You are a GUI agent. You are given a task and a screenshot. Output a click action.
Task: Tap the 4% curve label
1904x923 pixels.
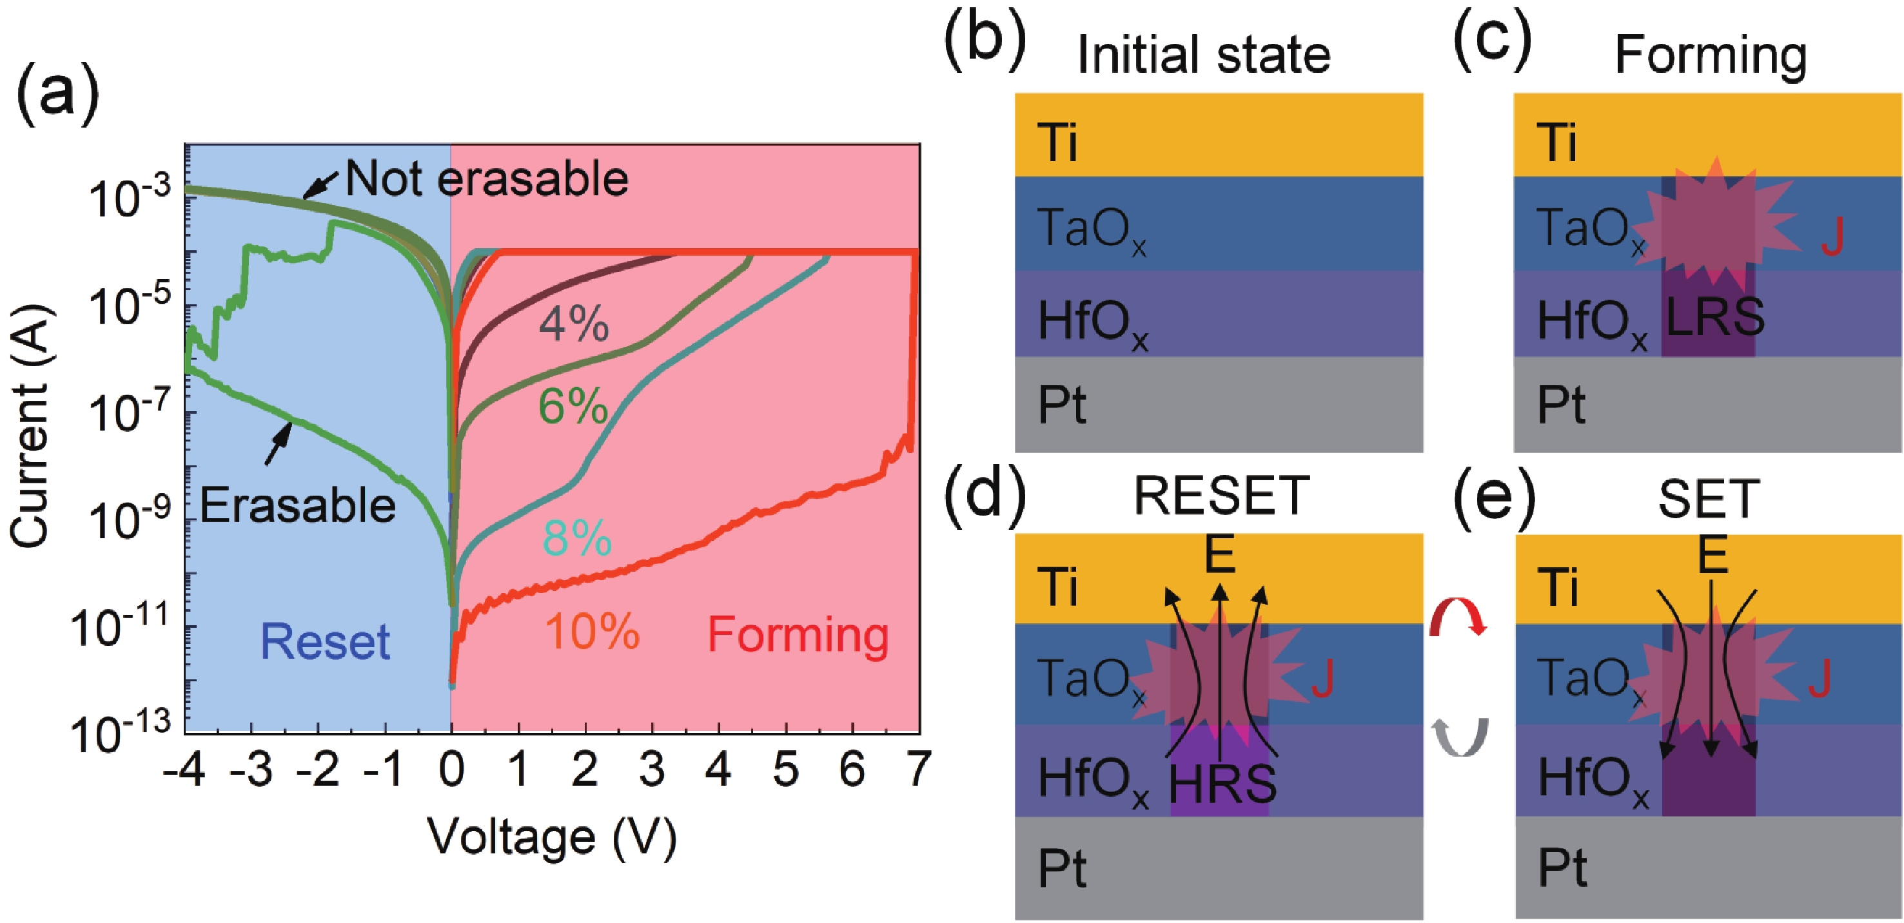(574, 324)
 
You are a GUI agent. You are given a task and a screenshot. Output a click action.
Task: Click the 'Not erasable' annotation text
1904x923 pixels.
(486, 179)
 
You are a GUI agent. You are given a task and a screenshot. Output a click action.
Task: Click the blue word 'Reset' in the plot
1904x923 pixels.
(325, 641)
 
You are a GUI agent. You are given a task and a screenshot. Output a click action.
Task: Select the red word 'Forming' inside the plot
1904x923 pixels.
(798, 635)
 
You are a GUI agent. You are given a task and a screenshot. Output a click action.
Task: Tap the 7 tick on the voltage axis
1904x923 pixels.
(919, 770)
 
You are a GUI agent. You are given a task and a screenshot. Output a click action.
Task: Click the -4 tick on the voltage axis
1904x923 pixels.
(185, 770)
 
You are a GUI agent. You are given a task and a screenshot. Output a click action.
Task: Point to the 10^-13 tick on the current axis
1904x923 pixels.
(121, 733)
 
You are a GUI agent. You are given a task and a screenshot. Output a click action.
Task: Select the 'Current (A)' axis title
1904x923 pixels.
(30, 427)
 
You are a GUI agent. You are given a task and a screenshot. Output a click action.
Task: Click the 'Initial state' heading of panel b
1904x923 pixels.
(1203, 55)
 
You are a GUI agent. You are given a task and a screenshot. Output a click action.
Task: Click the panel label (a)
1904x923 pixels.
(57, 95)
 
